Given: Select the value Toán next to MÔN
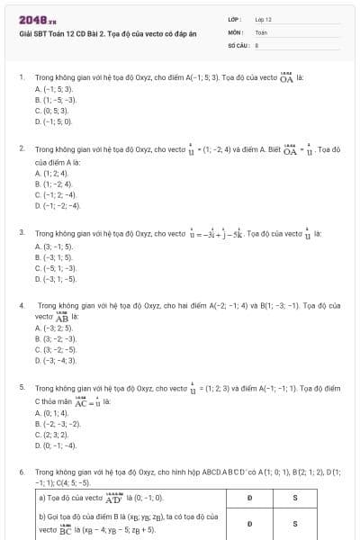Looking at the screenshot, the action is (x=262, y=31).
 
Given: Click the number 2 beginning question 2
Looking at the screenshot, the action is (x=21, y=146).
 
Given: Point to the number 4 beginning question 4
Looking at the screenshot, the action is (x=21, y=305).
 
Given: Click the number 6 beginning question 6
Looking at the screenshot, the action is (x=21, y=472).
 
